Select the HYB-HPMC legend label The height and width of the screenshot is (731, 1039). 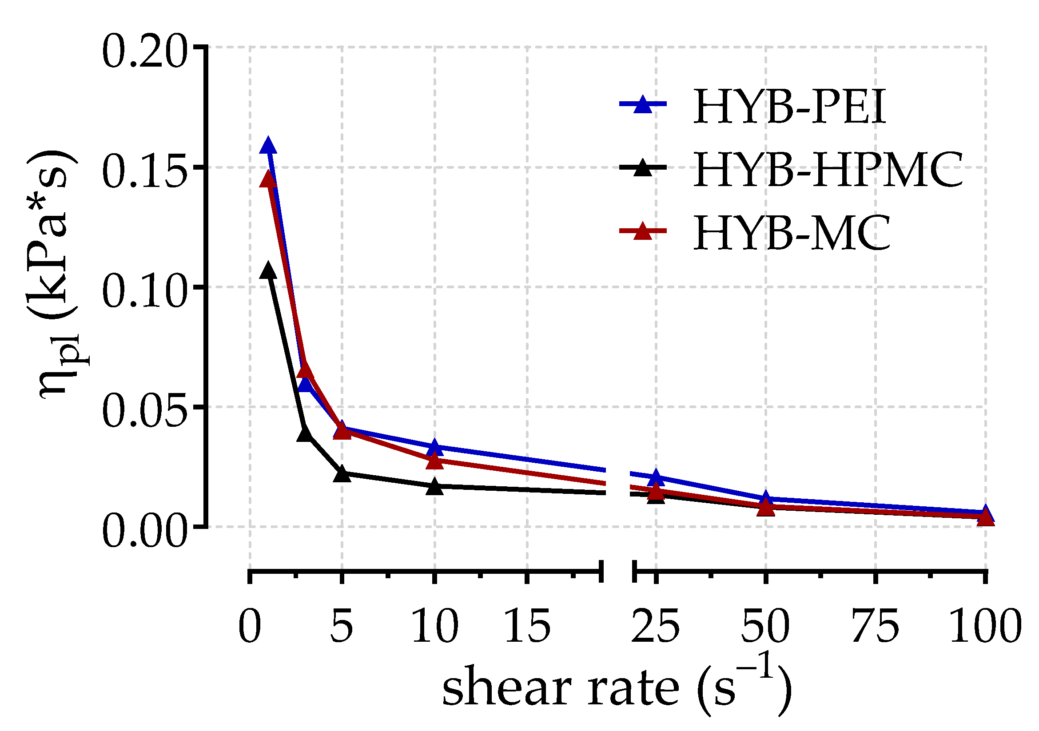click(828, 171)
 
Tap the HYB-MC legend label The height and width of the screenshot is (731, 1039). click(792, 234)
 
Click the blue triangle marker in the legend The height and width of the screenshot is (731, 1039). click(643, 104)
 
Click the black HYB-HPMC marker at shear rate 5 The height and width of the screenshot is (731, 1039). click(342, 473)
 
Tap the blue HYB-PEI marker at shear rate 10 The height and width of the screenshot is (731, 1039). click(434, 447)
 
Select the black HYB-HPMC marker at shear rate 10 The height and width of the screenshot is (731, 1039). click(434, 486)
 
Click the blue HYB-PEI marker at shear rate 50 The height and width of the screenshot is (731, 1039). click(766, 499)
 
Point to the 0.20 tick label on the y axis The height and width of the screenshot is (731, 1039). click(144, 53)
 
